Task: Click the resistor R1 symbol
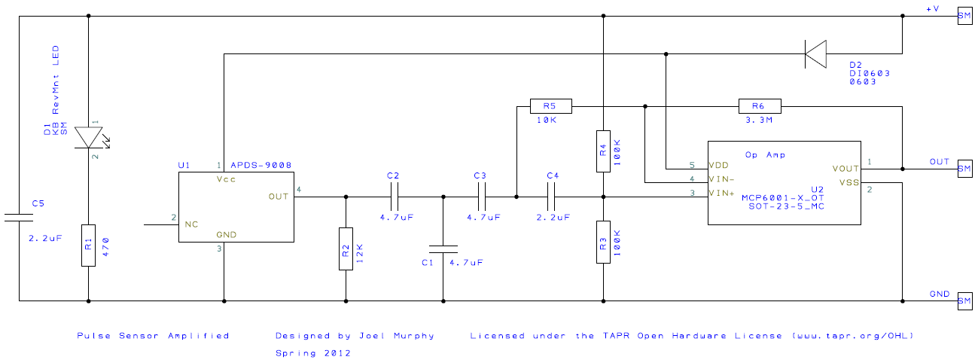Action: (89, 245)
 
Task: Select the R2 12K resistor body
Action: (346, 248)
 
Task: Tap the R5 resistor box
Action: (551, 106)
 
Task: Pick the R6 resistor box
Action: (760, 106)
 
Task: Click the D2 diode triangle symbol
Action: (815, 53)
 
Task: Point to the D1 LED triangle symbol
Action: (89, 138)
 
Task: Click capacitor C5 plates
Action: (19, 218)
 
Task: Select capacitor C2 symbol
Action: (394, 197)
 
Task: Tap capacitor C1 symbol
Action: (443, 249)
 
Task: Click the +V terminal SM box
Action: (964, 16)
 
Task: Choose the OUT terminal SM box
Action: (964, 169)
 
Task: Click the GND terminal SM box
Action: (964, 301)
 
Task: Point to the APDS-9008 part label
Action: (260, 165)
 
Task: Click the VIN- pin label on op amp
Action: (722, 179)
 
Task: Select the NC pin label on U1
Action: (191, 224)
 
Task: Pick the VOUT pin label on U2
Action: (845, 169)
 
